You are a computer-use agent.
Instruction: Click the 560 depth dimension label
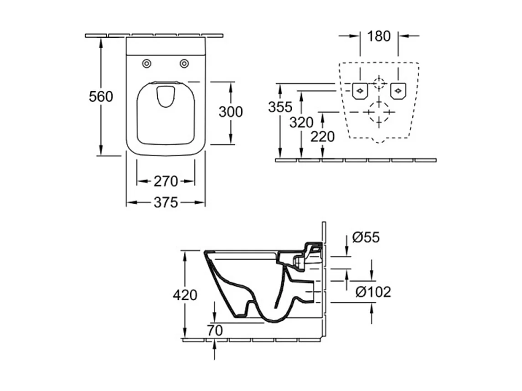101,97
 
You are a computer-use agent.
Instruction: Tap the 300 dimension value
231,112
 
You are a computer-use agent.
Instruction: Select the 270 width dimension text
166,181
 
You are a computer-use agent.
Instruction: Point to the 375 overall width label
166,202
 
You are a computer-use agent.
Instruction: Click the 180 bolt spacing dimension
379,36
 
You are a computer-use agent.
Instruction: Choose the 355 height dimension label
280,107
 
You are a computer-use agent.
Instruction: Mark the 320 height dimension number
301,123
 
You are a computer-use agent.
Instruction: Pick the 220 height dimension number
323,136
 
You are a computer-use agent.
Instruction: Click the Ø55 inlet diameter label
366,237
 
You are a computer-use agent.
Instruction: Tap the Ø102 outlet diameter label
373,292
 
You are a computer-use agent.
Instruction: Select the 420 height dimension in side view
185,295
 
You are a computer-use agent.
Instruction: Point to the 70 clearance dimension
215,330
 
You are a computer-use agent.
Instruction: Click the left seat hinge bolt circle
146,63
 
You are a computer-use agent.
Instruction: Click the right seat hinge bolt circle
184,63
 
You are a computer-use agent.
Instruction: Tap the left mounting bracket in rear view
360,91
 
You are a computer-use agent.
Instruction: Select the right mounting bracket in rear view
398,91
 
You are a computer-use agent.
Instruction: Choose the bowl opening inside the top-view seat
165,97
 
